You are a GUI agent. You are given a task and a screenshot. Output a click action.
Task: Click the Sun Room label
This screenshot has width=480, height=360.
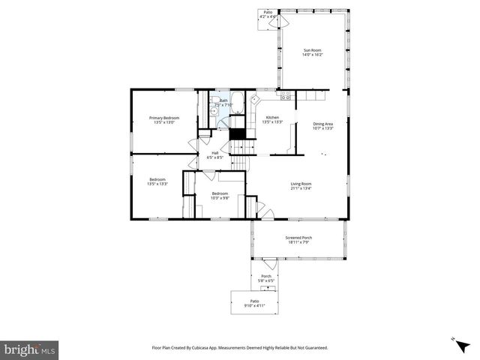tap(313, 53)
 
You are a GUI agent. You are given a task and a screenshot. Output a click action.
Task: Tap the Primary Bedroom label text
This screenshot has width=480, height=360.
tap(163, 120)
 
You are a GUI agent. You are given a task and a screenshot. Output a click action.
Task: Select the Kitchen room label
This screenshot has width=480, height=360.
tap(272, 120)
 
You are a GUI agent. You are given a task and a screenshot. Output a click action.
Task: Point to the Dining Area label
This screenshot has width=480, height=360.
tap(323, 125)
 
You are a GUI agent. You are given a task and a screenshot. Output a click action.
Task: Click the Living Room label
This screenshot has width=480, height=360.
tap(301, 186)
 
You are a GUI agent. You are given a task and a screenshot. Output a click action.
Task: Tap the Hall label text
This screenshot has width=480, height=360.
tap(214, 155)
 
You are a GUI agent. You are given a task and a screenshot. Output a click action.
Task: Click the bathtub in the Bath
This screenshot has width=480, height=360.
tap(236, 103)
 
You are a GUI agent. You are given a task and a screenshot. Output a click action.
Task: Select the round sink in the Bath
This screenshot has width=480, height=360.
tap(214, 110)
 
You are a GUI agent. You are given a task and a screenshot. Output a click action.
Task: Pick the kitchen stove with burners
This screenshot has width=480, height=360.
tap(286, 96)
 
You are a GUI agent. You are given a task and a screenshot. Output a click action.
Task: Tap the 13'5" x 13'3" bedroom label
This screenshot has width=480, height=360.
tap(157, 181)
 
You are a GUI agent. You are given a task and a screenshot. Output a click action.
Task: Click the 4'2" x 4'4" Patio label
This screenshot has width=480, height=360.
tap(268, 14)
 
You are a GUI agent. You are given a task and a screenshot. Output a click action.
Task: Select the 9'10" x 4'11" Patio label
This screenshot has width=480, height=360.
tap(255, 304)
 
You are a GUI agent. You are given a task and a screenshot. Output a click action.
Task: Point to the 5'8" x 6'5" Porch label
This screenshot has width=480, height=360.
tap(266, 278)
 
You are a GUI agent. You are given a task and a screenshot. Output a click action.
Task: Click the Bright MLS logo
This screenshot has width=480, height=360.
tap(30, 349)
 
